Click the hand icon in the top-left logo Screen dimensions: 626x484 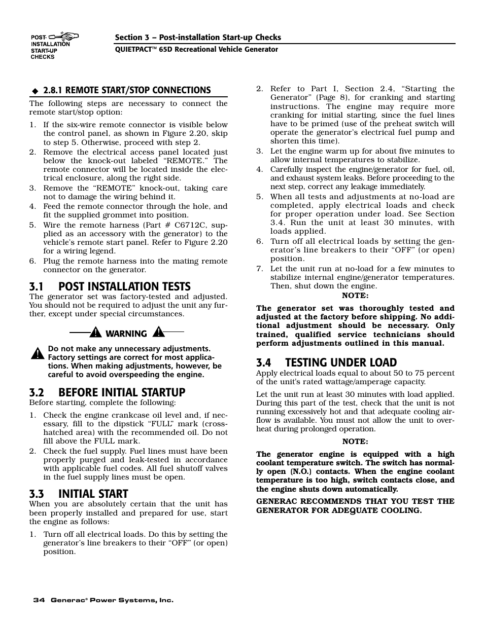click(x=69, y=36)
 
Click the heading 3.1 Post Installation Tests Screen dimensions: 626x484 click(x=110, y=286)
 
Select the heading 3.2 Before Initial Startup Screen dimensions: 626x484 click(x=107, y=392)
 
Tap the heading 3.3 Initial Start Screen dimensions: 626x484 click(x=79, y=494)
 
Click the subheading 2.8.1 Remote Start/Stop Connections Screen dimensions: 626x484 click(x=127, y=90)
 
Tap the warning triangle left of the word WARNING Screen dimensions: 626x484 click(x=95, y=333)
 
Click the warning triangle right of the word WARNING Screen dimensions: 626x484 click(x=159, y=333)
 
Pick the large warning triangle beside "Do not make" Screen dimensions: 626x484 click(x=38, y=353)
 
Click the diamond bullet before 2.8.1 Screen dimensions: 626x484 click(x=35, y=91)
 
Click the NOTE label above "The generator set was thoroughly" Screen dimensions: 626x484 click(x=355, y=296)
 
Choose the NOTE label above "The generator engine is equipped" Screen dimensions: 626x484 click(x=355, y=442)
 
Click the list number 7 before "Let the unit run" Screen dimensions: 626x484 click(x=259, y=269)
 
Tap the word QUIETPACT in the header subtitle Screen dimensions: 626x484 click(x=135, y=50)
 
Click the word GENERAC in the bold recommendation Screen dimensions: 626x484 click(x=277, y=501)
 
